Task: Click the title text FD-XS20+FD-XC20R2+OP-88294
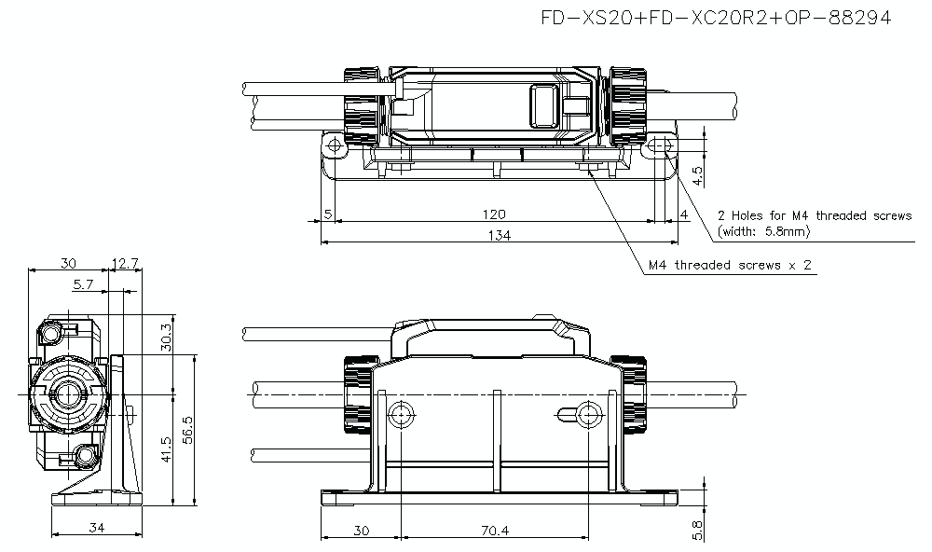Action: (x=714, y=18)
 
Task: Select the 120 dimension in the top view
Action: (x=494, y=214)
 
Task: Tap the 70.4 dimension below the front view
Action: (x=496, y=531)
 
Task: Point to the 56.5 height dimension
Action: (x=187, y=432)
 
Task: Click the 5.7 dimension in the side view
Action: (x=84, y=283)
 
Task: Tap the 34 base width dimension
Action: (x=95, y=528)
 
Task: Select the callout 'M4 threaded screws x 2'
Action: (x=731, y=266)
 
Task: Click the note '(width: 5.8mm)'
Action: (x=764, y=230)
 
